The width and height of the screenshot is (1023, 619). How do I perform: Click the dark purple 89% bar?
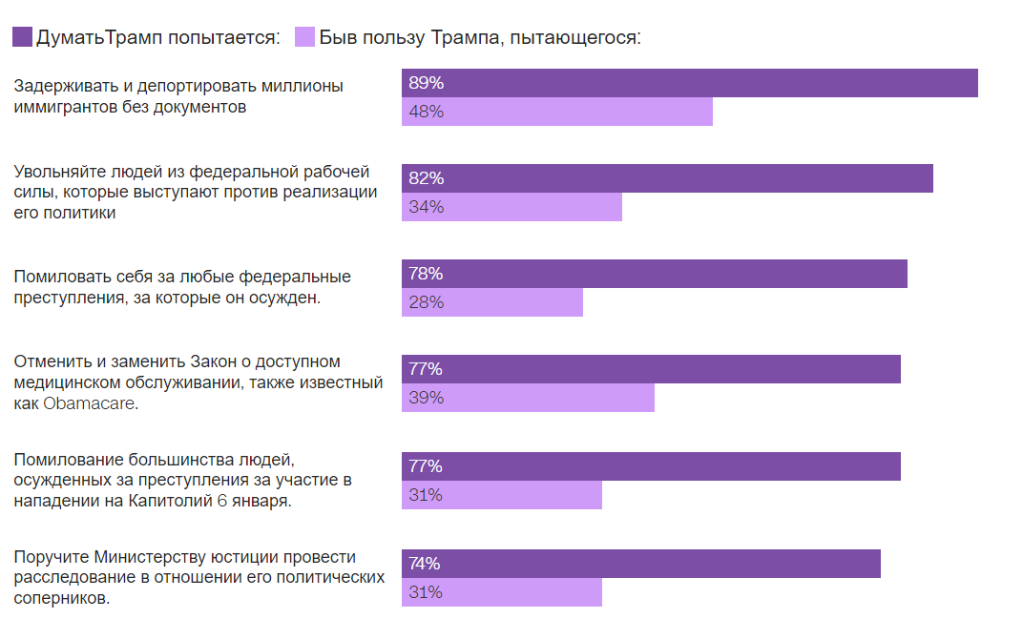tap(689, 83)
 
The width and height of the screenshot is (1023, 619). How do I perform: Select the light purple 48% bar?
tap(556, 112)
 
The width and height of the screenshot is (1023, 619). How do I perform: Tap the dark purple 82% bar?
tap(667, 178)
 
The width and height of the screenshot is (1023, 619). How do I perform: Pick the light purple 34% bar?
tap(511, 207)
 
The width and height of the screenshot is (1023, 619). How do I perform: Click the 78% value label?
tap(426, 274)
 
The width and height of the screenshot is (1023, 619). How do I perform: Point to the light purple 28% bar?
tap(491, 302)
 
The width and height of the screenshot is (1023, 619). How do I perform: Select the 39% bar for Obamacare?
tap(528, 398)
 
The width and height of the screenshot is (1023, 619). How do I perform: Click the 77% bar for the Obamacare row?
tap(651, 369)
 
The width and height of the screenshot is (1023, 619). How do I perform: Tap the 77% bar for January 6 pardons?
tap(651, 466)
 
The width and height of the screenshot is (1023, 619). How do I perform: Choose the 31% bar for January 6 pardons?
tap(502, 495)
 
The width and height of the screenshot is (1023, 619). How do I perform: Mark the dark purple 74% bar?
tap(640, 564)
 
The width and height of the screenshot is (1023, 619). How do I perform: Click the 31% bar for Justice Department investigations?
tap(502, 592)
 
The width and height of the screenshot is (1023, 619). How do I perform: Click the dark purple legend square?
tap(22, 37)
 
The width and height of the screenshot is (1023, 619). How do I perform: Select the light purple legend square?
tap(304, 37)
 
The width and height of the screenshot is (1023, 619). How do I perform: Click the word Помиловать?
tap(63, 277)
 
